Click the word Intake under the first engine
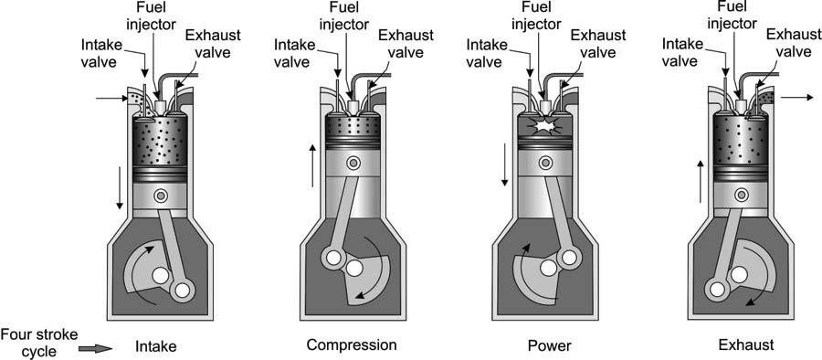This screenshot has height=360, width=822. pos(155,346)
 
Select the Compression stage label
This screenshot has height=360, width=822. pos(352,345)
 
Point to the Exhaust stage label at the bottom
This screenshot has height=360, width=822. pos(746,345)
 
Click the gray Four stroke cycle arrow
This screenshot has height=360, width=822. pos(95,348)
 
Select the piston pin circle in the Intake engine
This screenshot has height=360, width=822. pos(161,196)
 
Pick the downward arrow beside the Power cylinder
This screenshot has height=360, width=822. pos(505,164)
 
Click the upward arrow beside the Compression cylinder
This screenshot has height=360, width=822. pos(312,165)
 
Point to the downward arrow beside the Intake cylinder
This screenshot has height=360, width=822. pos(120,188)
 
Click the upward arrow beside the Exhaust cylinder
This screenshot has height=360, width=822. pos(701,182)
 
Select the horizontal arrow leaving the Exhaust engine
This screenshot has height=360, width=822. pos(796,97)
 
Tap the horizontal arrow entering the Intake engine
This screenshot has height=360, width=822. pos(112,98)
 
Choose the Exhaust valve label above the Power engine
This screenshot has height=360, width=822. pos(598,44)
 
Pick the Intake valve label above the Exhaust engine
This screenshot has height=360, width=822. pos(680,52)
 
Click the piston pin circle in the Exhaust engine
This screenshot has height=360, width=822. pos(742,196)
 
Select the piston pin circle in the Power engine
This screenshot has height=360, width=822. pos(546,164)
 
